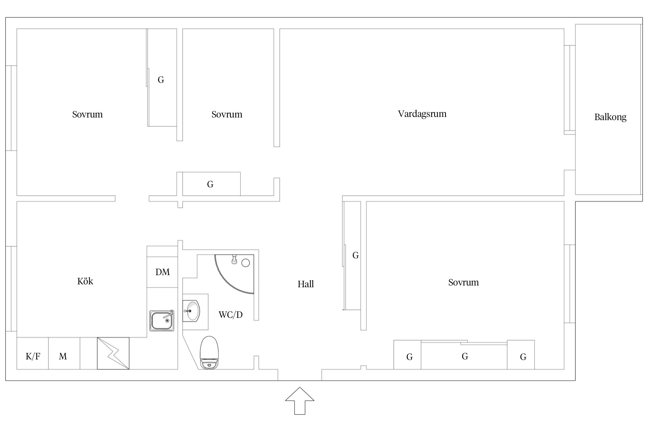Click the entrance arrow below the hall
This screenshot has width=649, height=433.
(300, 401)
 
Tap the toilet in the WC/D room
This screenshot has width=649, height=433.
(209, 352)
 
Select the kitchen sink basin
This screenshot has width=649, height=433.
(162, 320)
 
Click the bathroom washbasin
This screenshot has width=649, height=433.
(191, 311)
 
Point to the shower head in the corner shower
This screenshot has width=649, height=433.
(234, 259)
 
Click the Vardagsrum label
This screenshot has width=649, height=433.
(422, 114)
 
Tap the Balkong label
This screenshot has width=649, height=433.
(610, 117)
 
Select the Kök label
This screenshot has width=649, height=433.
(85, 281)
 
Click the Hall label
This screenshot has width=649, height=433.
(305, 284)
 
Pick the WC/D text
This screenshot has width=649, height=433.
(230, 315)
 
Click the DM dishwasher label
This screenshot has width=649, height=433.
(162, 272)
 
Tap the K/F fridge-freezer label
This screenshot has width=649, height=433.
(33, 357)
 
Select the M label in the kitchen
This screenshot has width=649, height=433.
(63, 357)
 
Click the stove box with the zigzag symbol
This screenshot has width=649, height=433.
(113, 353)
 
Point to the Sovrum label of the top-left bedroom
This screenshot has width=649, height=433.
(87, 114)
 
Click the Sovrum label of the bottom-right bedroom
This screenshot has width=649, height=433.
(463, 282)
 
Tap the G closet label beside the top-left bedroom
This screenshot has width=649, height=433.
(161, 80)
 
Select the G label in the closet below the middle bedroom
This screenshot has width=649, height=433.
(210, 184)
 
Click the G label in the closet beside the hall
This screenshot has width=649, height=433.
(355, 255)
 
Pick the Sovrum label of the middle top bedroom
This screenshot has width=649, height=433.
(227, 114)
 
